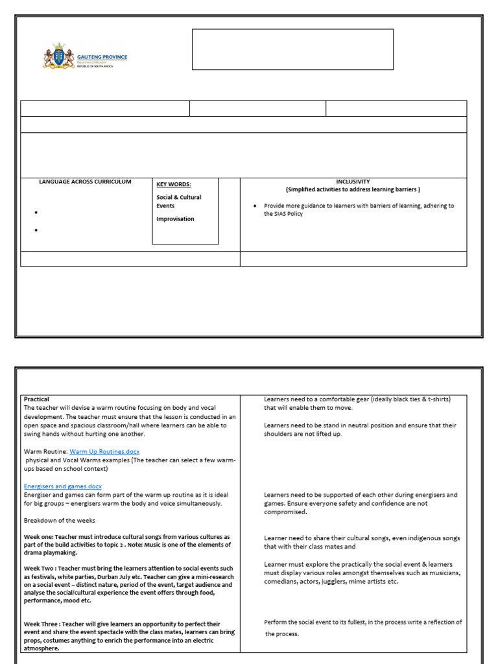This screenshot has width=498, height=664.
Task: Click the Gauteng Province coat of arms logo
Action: tap(59, 57)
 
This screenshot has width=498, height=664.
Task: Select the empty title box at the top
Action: tap(292, 49)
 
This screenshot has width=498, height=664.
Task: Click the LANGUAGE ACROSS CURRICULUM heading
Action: tap(85, 182)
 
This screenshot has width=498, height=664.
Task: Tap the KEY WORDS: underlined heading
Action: tap(173, 184)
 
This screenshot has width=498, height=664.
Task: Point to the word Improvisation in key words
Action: tap(175, 219)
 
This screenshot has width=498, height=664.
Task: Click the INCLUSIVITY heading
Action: tap(353, 182)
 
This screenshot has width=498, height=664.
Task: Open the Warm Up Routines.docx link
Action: tap(104, 451)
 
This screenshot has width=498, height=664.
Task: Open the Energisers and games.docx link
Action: tap(63, 486)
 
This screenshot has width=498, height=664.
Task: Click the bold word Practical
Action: tap(36, 399)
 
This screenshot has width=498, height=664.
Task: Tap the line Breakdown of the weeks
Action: tap(59, 521)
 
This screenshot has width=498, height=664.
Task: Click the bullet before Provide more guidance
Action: tap(256, 206)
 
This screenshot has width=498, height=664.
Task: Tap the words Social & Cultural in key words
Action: tap(179, 197)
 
